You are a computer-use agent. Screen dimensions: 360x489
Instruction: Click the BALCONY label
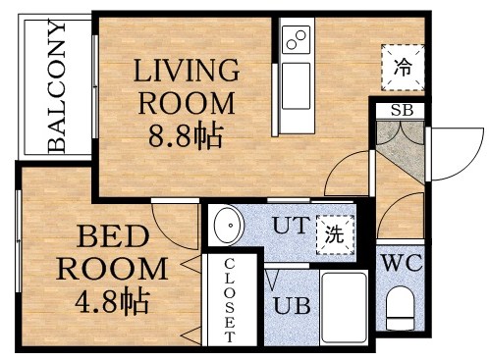coord(57,87)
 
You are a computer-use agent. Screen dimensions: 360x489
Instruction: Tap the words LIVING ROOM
coord(187,85)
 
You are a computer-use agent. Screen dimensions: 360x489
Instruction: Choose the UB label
coord(292,305)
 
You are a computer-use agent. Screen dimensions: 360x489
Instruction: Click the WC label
coord(401,263)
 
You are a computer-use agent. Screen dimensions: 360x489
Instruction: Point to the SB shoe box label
coord(401,110)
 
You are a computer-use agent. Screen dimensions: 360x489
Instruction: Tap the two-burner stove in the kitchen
coord(295,41)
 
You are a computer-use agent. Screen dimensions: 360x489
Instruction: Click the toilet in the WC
coord(401,312)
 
